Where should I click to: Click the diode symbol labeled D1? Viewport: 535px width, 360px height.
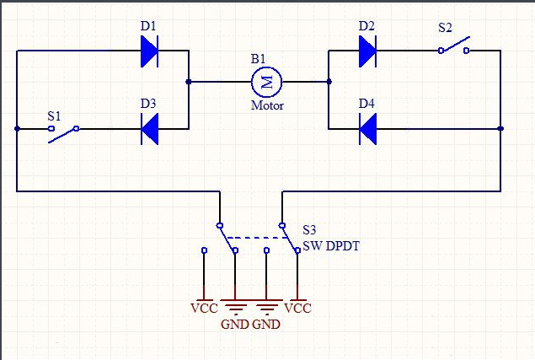click(x=149, y=52)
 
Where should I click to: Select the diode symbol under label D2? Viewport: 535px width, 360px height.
click(x=367, y=52)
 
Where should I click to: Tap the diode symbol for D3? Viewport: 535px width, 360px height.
click(x=149, y=129)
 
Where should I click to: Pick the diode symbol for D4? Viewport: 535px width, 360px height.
click(x=367, y=129)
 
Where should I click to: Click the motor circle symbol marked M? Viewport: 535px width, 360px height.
click(x=267, y=83)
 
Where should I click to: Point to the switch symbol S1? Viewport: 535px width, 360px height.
click(x=64, y=132)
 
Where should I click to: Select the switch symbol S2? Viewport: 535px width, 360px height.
click(x=454, y=47)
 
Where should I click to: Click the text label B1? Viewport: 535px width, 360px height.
click(x=258, y=59)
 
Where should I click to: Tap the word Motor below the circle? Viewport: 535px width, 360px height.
click(x=267, y=106)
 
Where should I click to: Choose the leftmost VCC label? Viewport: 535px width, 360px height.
click(x=204, y=308)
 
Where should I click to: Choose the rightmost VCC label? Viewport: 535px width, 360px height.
click(x=297, y=308)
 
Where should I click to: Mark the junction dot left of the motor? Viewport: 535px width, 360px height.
click(x=188, y=83)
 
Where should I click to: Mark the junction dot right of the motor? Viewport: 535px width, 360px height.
click(x=329, y=83)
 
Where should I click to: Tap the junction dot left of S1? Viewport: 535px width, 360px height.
click(x=17, y=129)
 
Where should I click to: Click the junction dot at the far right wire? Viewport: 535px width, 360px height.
click(x=500, y=129)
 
